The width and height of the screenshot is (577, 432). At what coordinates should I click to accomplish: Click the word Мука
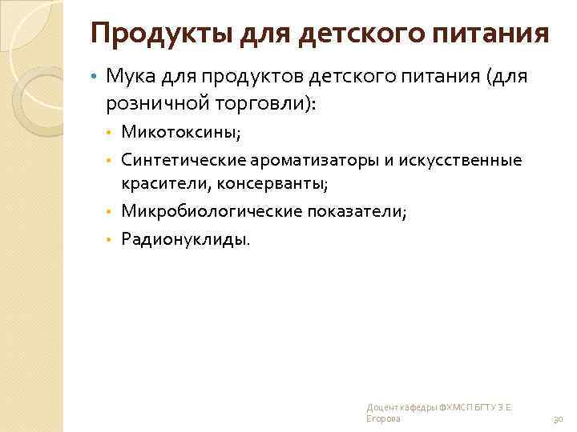(129, 78)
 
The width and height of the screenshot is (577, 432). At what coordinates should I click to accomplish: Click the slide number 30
(558, 419)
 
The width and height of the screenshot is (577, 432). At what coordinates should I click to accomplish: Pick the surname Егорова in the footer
(383, 419)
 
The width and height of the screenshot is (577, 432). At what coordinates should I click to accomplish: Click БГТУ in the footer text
(479, 408)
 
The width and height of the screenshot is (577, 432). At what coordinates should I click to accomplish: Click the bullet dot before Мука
(94, 78)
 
